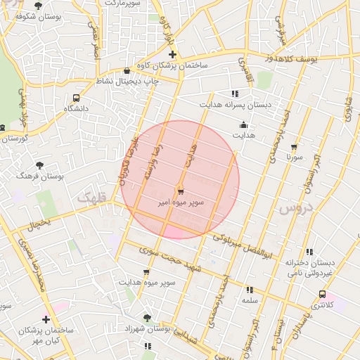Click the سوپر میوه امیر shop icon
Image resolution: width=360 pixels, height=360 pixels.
tap(181, 191)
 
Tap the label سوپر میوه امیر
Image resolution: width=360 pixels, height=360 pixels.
tap(181, 202)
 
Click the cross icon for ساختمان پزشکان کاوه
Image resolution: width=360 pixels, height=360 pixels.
tap(172, 54)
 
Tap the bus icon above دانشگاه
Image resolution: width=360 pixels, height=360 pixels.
tap(76, 98)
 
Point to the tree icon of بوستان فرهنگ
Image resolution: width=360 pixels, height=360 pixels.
tap(39, 165)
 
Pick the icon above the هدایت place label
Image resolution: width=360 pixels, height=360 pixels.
tap(243, 125)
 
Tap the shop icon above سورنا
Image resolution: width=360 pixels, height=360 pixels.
tap(294, 147)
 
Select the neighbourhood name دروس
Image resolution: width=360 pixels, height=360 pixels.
tap(294, 209)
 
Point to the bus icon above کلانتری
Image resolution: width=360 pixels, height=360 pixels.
tap(322, 294)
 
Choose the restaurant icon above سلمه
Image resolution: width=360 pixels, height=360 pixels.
tap(250, 289)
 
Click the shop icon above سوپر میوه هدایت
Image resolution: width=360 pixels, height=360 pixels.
tap(146, 272)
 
